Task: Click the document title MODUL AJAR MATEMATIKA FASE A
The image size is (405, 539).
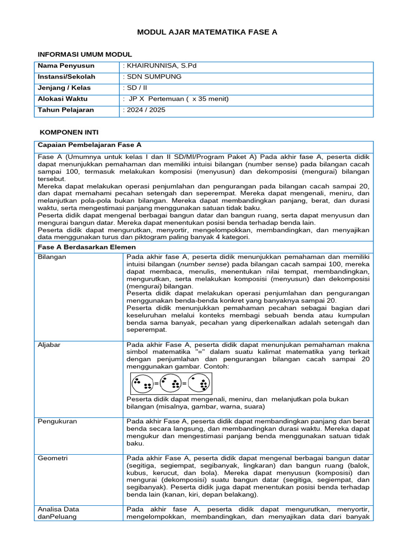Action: pyautogui.click(x=207, y=32)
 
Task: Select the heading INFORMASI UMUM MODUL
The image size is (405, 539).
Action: pyautogui.click(x=84, y=54)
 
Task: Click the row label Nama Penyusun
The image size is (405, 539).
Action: pyautogui.click(x=66, y=66)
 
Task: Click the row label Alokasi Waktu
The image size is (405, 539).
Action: pyautogui.click(x=63, y=99)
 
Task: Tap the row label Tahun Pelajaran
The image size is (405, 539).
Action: pyautogui.click(x=66, y=110)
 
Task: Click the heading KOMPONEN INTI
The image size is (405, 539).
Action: pyautogui.click(x=69, y=132)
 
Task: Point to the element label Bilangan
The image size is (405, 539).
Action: pyautogui.click(x=51, y=257)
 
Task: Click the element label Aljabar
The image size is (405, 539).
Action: pyautogui.click(x=49, y=345)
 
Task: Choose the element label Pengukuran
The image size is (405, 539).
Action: pyautogui.click(x=55, y=421)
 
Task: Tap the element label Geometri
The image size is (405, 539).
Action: pyautogui.click(x=53, y=458)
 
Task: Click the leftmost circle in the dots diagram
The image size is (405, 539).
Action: pyautogui.click(x=142, y=384)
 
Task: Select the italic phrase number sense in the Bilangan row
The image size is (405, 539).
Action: pyautogui.click(x=205, y=264)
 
